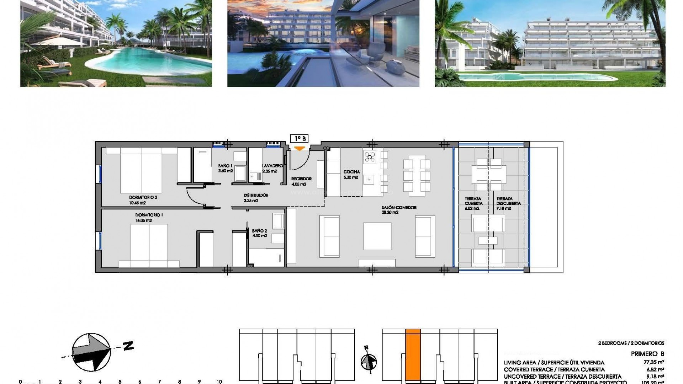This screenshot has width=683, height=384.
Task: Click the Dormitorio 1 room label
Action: pyautogui.click(x=149, y=215)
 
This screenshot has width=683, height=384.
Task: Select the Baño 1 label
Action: pyautogui.click(x=225, y=166)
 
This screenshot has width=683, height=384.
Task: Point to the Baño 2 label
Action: pyautogui.click(x=259, y=231)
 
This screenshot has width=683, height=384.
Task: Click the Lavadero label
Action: pyautogui.click(x=272, y=166)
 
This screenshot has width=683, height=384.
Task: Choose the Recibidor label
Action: pyautogui.click(x=301, y=179)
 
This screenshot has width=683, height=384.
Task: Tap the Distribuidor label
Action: pyautogui.click(x=255, y=195)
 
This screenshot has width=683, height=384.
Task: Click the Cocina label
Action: pyautogui.click(x=351, y=172)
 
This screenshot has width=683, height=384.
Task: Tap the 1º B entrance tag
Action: pyautogui.click(x=299, y=139)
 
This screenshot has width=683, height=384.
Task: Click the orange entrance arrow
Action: pyautogui.click(x=300, y=148)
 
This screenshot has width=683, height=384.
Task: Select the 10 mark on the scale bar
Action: pyautogui.click(x=219, y=382)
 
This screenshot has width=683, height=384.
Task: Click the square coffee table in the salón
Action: pyautogui.click(x=377, y=236)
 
